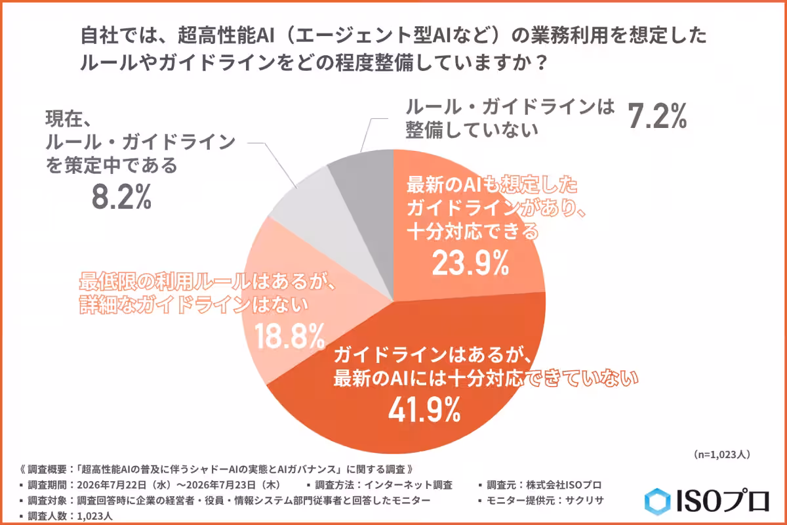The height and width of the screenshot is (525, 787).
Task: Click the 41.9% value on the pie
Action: tap(424, 409)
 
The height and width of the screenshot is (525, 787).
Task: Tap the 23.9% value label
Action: tap(470, 262)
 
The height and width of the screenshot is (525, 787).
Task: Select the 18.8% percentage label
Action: tap(289, 337)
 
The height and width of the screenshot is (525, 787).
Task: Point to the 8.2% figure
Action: tap(121, 197)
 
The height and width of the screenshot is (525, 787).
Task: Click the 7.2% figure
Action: tap(657, 116)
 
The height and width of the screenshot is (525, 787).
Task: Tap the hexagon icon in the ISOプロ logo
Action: tap(657, 501)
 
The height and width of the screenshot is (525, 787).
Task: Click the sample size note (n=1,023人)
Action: tap(722, 454)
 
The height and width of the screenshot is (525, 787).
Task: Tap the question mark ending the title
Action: tap(542, 62)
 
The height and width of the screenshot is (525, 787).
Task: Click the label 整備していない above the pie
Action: tap(472, 130)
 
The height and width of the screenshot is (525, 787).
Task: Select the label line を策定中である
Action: tap(111, 165)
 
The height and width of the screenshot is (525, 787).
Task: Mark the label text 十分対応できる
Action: tap(473, 231)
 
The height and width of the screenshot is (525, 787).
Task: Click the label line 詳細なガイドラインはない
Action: tap(194, 304)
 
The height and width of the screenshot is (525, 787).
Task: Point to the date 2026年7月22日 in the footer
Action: tap(111, 485)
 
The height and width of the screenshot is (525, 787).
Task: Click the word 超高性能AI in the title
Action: tap(226, 35)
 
